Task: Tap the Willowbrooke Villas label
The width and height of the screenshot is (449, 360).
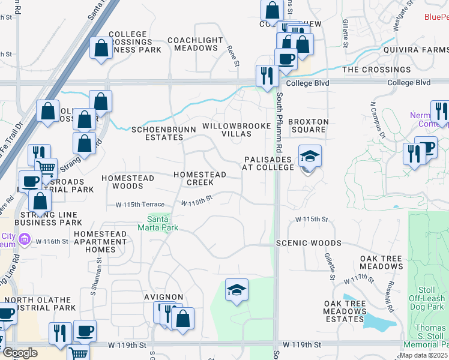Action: pos(227,129)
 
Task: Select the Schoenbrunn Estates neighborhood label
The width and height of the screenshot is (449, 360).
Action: pos(157,133)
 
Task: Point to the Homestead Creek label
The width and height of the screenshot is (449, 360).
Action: pos(200,178)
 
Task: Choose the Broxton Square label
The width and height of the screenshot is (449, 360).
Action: pos(309,125)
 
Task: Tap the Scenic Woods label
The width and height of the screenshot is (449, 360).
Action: pos(309,243)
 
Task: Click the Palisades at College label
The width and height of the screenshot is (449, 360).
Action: pos(268,164)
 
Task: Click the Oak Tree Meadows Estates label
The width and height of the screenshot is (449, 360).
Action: pos(344,315)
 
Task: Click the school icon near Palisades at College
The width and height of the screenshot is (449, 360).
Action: pos(310,157)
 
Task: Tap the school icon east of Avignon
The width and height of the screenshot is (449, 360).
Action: pos(237,290)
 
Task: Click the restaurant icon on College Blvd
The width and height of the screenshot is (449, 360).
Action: pos(265,76)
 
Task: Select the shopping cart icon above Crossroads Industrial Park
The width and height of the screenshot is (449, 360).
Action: pos(46,167)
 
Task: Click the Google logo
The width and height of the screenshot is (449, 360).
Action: pos(20,353)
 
